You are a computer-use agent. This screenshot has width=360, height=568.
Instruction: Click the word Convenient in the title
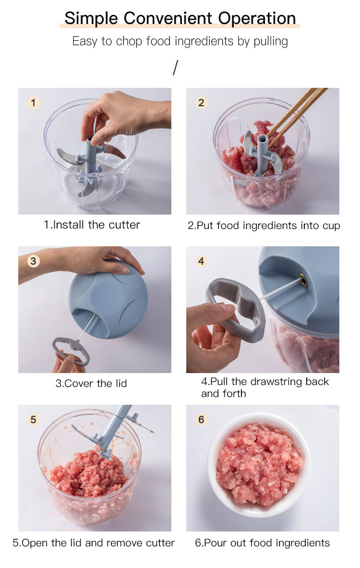click(x=168, y=18)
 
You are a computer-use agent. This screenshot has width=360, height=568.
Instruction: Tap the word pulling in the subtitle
click(x=271, y=42)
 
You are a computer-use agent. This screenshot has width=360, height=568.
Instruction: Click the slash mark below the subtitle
click(x=176, y=68)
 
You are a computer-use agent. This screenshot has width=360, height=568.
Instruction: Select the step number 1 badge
click(x=33, y=103)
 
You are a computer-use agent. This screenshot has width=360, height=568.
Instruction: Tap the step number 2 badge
click(x=202, y=103)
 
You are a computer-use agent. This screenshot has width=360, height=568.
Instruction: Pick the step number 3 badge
click(x=33, y=261)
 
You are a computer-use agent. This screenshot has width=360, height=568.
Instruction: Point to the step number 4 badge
click(x=202, y=261)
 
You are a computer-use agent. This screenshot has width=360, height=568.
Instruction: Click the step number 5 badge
click(x=33, y=420)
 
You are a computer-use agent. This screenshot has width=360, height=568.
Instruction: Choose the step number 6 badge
click(x=202, y=420)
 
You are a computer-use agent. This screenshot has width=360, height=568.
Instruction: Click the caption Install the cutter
click(x=92, y=225)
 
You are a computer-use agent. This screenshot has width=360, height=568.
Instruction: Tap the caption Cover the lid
click(x=91, y=383)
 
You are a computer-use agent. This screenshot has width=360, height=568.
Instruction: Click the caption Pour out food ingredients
click(x=262, y=543)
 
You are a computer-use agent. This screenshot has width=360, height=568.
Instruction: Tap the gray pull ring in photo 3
click(x=71, y=351)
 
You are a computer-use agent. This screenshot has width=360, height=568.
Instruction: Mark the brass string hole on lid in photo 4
click(x=303, y=280)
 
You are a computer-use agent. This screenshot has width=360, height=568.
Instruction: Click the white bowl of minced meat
click(x=259, y=465)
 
